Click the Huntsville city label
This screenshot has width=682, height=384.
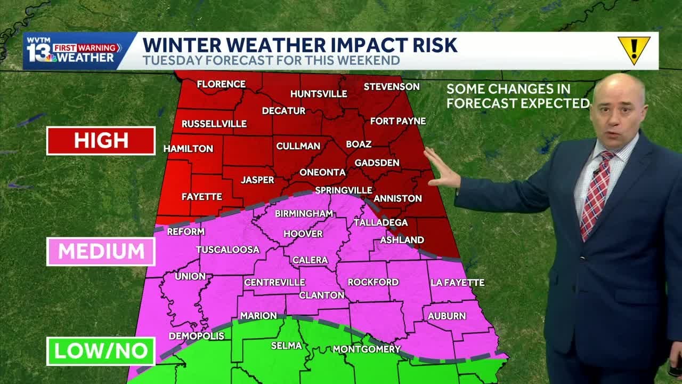[x=319, y=94]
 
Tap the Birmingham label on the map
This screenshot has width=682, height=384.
[x=304, y=213]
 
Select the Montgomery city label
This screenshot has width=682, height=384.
[x=367, y=349]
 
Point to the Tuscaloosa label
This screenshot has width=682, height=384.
[x=228, y=250]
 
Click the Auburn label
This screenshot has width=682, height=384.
[x=446, y=316]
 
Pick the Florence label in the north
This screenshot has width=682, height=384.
[x=221, y=84]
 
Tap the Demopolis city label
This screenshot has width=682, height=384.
[x=197, y=336]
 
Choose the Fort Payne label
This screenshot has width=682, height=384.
[x=398, y=121]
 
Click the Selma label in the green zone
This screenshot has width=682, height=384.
[x=286, y=346]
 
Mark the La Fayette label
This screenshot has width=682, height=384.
[x=458, y=282]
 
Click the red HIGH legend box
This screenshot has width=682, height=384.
[x=101, y=140]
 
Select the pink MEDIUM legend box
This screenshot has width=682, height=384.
[x=101, y=251]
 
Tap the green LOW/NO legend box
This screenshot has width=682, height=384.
[x=101, y=351]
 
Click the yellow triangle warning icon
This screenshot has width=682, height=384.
[x=634, y=50]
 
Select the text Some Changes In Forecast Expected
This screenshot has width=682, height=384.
[x=517, y=96]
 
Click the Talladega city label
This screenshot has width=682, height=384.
[x=380, y=222]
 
